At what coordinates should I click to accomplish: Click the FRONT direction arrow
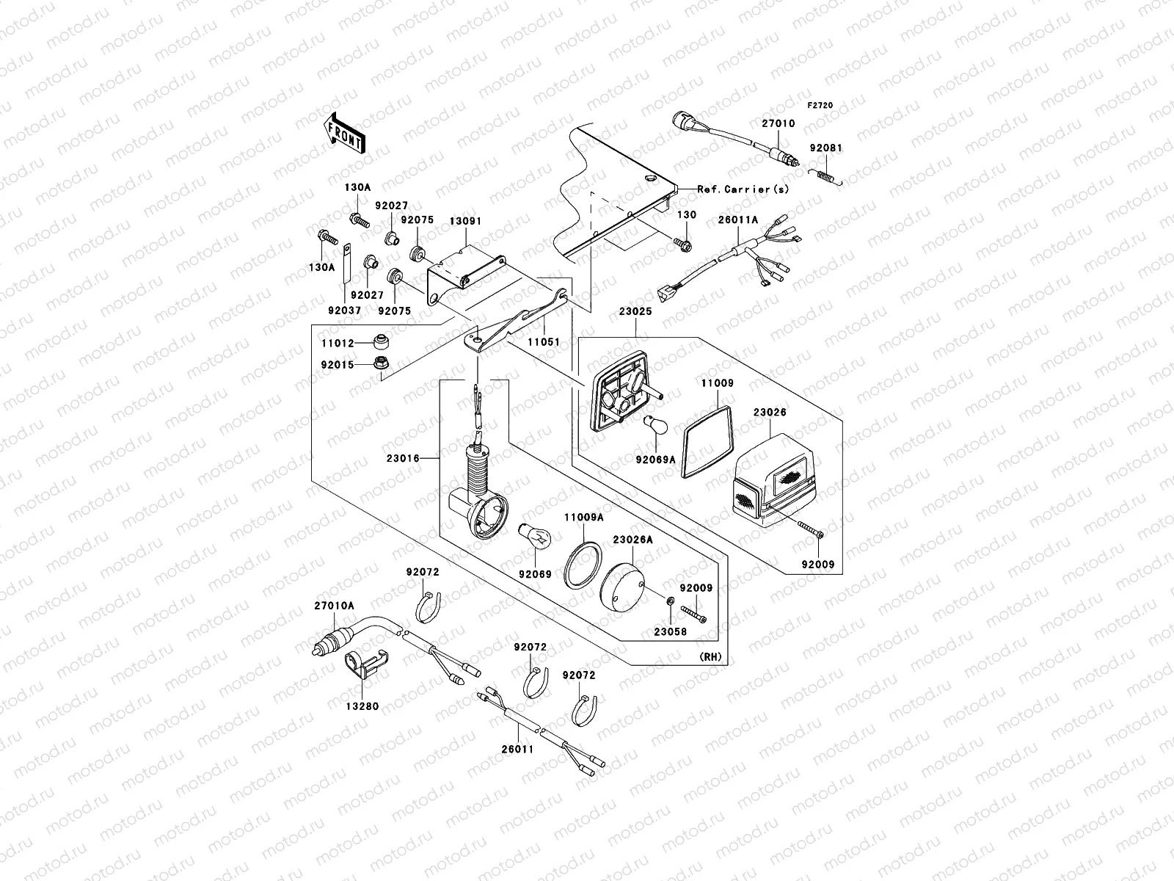click(x=344, y=133)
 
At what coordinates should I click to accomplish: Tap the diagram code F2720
click(x=820, y=106)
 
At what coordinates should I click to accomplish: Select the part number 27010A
click(x=334, y=606)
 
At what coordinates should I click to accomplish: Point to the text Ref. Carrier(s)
click(x=743, y=189)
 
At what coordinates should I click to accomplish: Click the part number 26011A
click(x=738, y=220)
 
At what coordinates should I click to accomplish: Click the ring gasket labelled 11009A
click(x=583, y=565)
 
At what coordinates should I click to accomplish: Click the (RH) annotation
click(x=710, y=657)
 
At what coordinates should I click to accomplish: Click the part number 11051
click(x=544, y=342)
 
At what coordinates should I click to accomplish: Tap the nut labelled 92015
click(x=381, y=363)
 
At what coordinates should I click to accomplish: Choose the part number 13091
click(x=465, y=221)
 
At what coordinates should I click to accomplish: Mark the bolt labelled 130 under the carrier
click(x=683, y=245)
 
